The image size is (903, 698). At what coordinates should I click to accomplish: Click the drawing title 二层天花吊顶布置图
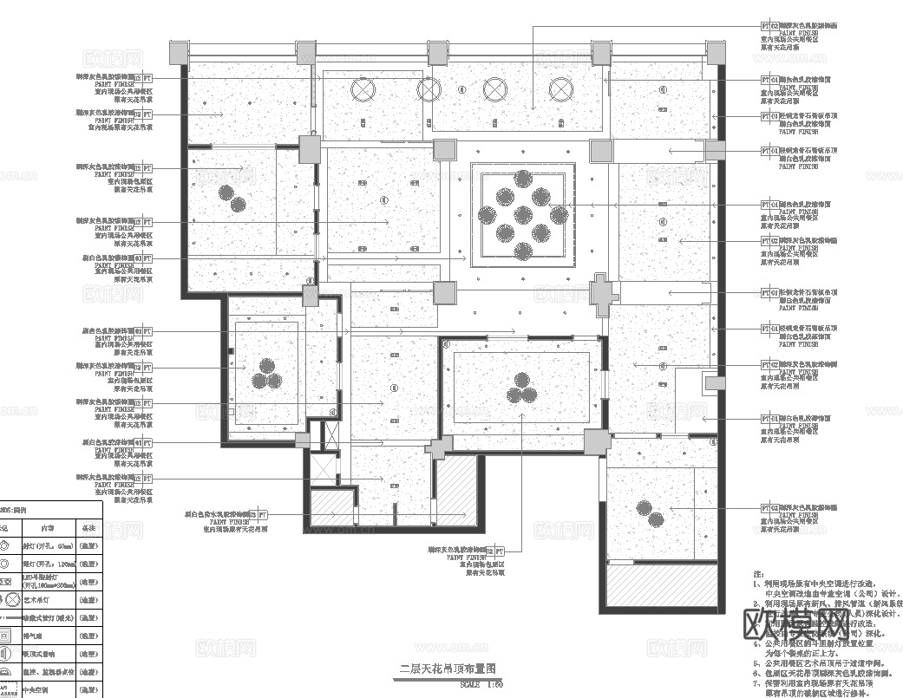[x=447, y=669]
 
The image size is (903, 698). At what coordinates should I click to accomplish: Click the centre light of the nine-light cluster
[x=523, y=214]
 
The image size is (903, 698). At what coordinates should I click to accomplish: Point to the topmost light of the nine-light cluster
[x=523, y=179]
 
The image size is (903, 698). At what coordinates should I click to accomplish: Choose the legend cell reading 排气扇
[x=35, y=636]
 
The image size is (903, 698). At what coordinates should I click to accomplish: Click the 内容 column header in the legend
[x=47, y=526]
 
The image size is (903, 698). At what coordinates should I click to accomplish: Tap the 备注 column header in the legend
[x=88, y=526]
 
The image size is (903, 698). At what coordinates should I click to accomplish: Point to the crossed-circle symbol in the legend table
[x=4, y=600]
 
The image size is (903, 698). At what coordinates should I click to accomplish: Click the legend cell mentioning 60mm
[x=47, y=545]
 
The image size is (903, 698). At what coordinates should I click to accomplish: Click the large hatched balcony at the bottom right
[x=661, y=587]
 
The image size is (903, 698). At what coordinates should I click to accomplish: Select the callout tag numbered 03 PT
[x=495, y=551]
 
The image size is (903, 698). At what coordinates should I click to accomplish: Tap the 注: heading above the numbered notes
[x=757, y=574]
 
